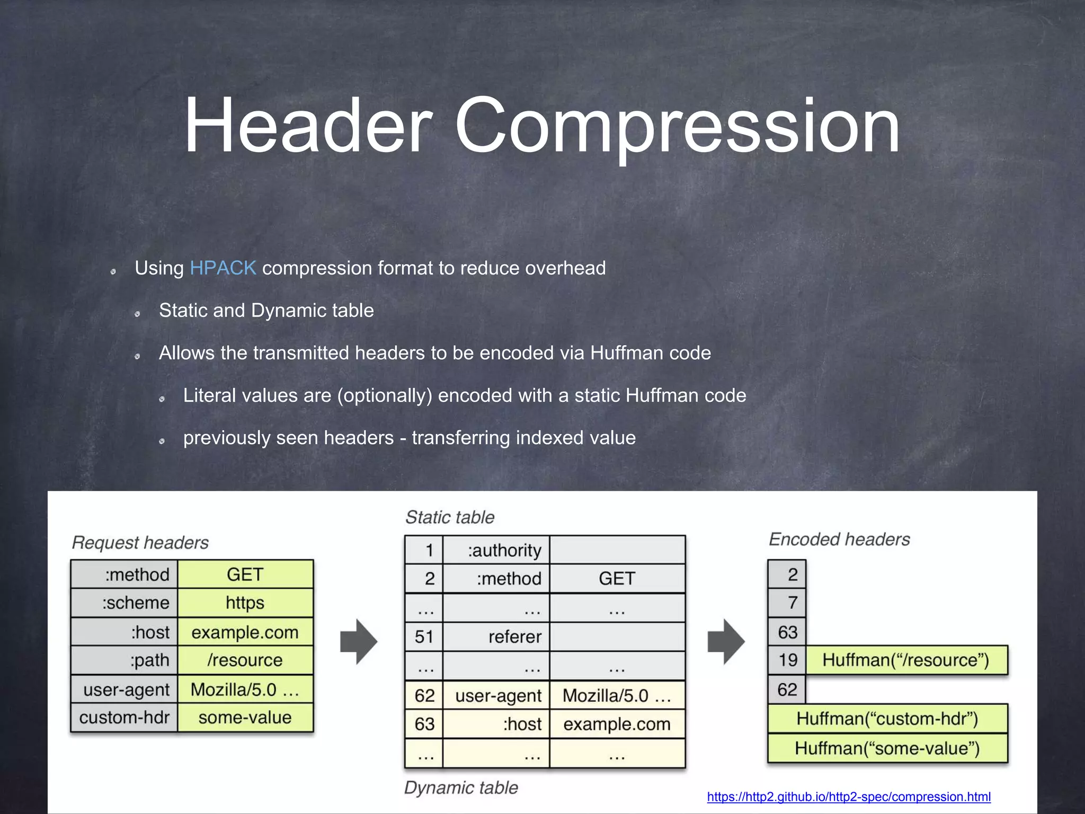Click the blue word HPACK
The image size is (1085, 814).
[x=223, y=268]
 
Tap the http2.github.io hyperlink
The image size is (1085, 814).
[x=848, y=797]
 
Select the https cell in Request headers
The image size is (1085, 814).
[x=245, y=603]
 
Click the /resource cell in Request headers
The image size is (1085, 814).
[x=245, y=660]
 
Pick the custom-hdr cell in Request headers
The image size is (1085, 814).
[x=124, y=718]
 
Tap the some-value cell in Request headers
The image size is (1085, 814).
[x=245, y=718]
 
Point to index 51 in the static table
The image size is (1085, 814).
[x=424, y=636]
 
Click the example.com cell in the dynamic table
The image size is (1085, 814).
[x=617, y=724]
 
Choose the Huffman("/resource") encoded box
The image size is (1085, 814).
[x=905, y=660]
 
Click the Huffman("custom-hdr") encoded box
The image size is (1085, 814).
[x=887, y=719]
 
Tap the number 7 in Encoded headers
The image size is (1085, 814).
[x=792, y=603]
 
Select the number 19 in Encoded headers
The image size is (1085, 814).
[x=788, y=660]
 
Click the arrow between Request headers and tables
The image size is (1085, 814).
[x=359, y=641]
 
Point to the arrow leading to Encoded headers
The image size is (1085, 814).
[x=726, y=641]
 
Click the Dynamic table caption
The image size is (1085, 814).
[x=461, y=788]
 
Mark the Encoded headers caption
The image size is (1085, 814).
[x=839, y=539]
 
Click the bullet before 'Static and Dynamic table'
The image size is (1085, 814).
[x=137, y=314]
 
